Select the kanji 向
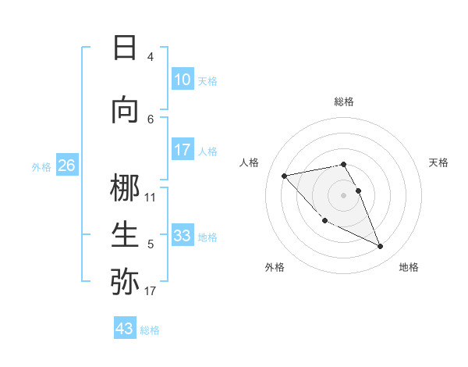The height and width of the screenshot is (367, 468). point(125,110)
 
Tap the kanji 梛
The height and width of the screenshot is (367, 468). point(125,188)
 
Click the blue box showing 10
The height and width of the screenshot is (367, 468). point(182,80)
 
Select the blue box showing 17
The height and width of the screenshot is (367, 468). point(182,150)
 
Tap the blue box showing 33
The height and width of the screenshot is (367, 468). point(182,236)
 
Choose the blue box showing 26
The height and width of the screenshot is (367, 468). point(66,166)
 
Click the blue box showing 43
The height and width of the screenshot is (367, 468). point(125,329)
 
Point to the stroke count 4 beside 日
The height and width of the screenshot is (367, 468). point(151,57)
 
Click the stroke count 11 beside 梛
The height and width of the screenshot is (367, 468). point(151,198)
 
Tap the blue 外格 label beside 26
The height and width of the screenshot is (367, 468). point(41,166)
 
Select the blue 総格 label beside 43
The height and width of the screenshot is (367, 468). point(150,330)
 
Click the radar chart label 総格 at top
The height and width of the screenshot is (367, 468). point(343,102)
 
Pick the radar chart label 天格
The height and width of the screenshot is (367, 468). point(439,162)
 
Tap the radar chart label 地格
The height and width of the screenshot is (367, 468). point(409,267)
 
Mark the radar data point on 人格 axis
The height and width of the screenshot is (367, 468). point(284,175)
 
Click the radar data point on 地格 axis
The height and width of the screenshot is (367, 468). point(381,247)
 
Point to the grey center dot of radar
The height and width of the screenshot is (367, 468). point(343,194)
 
